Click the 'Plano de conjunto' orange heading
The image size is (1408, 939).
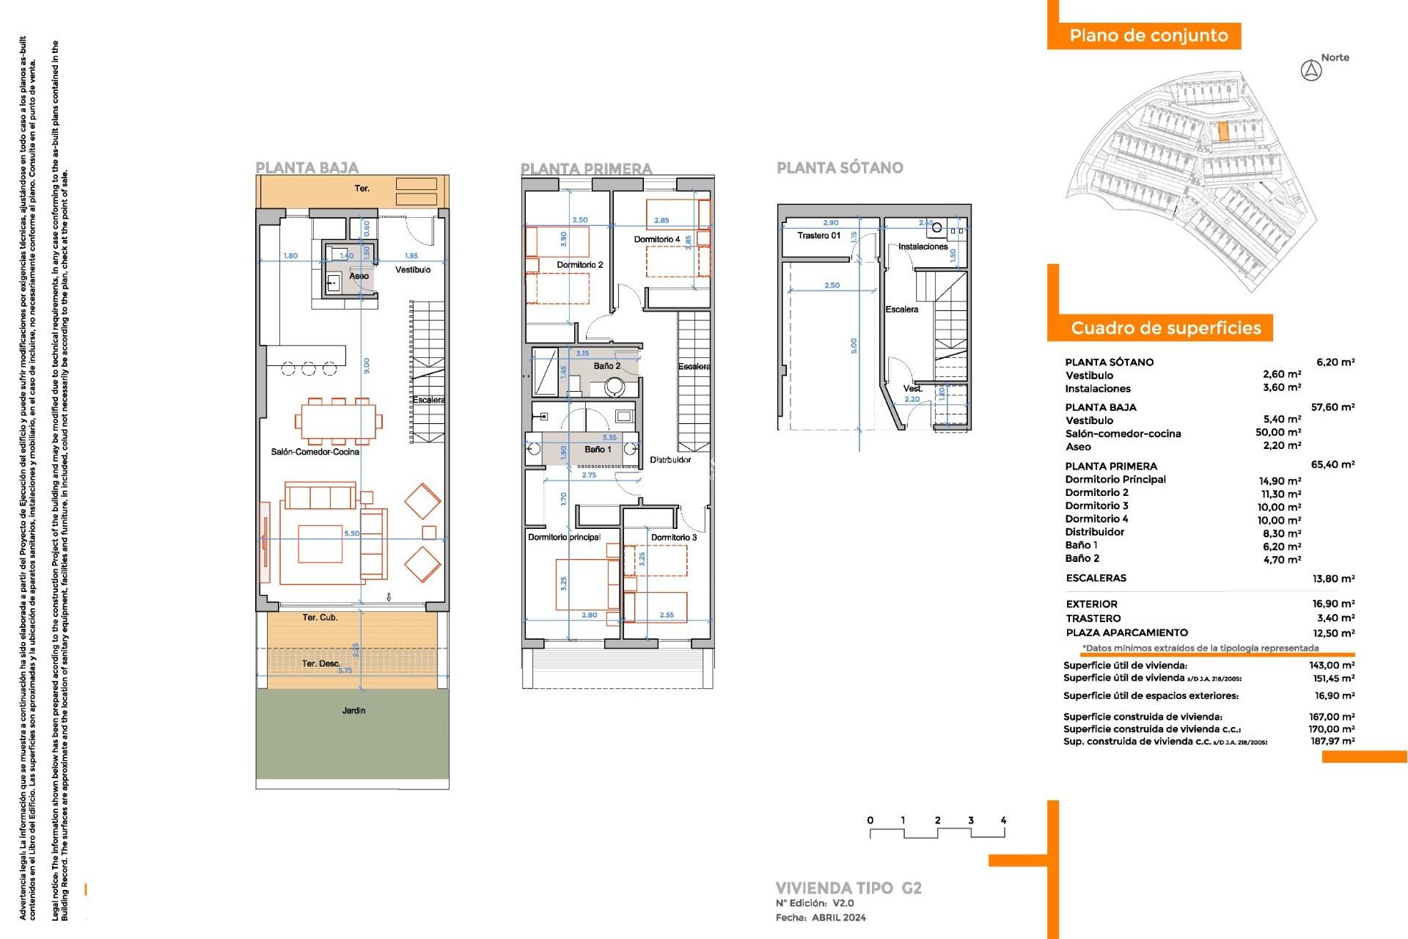tap(1148, 36)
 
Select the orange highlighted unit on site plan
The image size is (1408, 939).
tap(1222, 132)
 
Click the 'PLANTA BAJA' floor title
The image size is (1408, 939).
tap(307, 168)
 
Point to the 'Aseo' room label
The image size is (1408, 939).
tap(359, 276)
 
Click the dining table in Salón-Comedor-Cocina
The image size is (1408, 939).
tap(338, 421)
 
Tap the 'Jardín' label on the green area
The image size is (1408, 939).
tap(353, 710)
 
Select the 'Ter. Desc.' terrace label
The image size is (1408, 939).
tap(321, 663)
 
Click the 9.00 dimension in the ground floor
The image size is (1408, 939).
tap(367, 365)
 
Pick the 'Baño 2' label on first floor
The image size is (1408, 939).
tap(606, 365)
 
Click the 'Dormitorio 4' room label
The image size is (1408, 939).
tap(656, 239)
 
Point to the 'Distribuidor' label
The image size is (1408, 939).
tap(670, 460)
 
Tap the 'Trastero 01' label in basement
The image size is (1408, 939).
tap(818, 235)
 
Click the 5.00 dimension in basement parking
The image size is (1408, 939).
tap(854, 346)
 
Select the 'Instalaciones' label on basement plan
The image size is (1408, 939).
tap(923, 246)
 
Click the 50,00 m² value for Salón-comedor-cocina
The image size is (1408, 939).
tap(1277, 433)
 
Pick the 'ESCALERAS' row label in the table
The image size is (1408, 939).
tap(1096, 578)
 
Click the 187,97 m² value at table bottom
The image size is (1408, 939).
tap(1332, 742)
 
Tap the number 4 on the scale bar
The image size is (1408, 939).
tap(1002, 820)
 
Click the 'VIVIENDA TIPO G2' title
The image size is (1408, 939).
tap(848, 888)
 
